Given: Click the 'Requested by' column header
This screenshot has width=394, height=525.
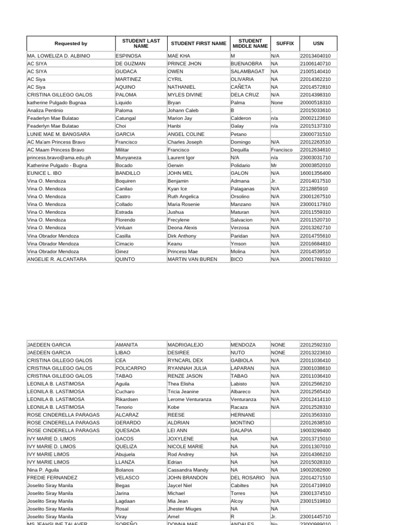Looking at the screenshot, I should pyautogui.click(x=71, y=44).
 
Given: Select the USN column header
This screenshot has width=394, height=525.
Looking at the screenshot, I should pyautogui.click(x=318, y=44).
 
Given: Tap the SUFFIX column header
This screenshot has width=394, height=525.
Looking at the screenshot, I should pyautogui.click(x=285, y=44).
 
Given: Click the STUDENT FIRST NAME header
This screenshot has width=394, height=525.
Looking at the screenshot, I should pyautogui.click(x=198, y=44).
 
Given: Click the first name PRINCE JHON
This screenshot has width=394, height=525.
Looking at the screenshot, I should pyautogui.click(x=185, y=64).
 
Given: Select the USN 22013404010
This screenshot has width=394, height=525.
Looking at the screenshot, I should pyautogui.click(x=315, y=56).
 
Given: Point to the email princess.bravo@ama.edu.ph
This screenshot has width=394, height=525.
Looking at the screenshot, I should pyautogui.click(x=59, y=157).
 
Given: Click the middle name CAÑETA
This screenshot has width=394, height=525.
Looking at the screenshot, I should pyautogui.click(x=241, y=87).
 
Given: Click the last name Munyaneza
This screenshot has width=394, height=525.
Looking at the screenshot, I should pyautogui.click(x=129, y=157).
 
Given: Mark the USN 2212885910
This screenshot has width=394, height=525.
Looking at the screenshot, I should pyautogui.click(x=313, y=189).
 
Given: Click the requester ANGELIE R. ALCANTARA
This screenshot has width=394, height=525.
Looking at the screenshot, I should pyautogui.click(x=56, y=259).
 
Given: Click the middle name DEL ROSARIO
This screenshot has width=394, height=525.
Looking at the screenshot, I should pyautogui.click(x=248, y=477).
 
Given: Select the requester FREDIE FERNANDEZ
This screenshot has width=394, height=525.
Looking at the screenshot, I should pyautogui.click(x=52, y=477).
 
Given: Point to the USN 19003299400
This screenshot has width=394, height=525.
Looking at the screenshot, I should pyautogui.click(x=315, y=431).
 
